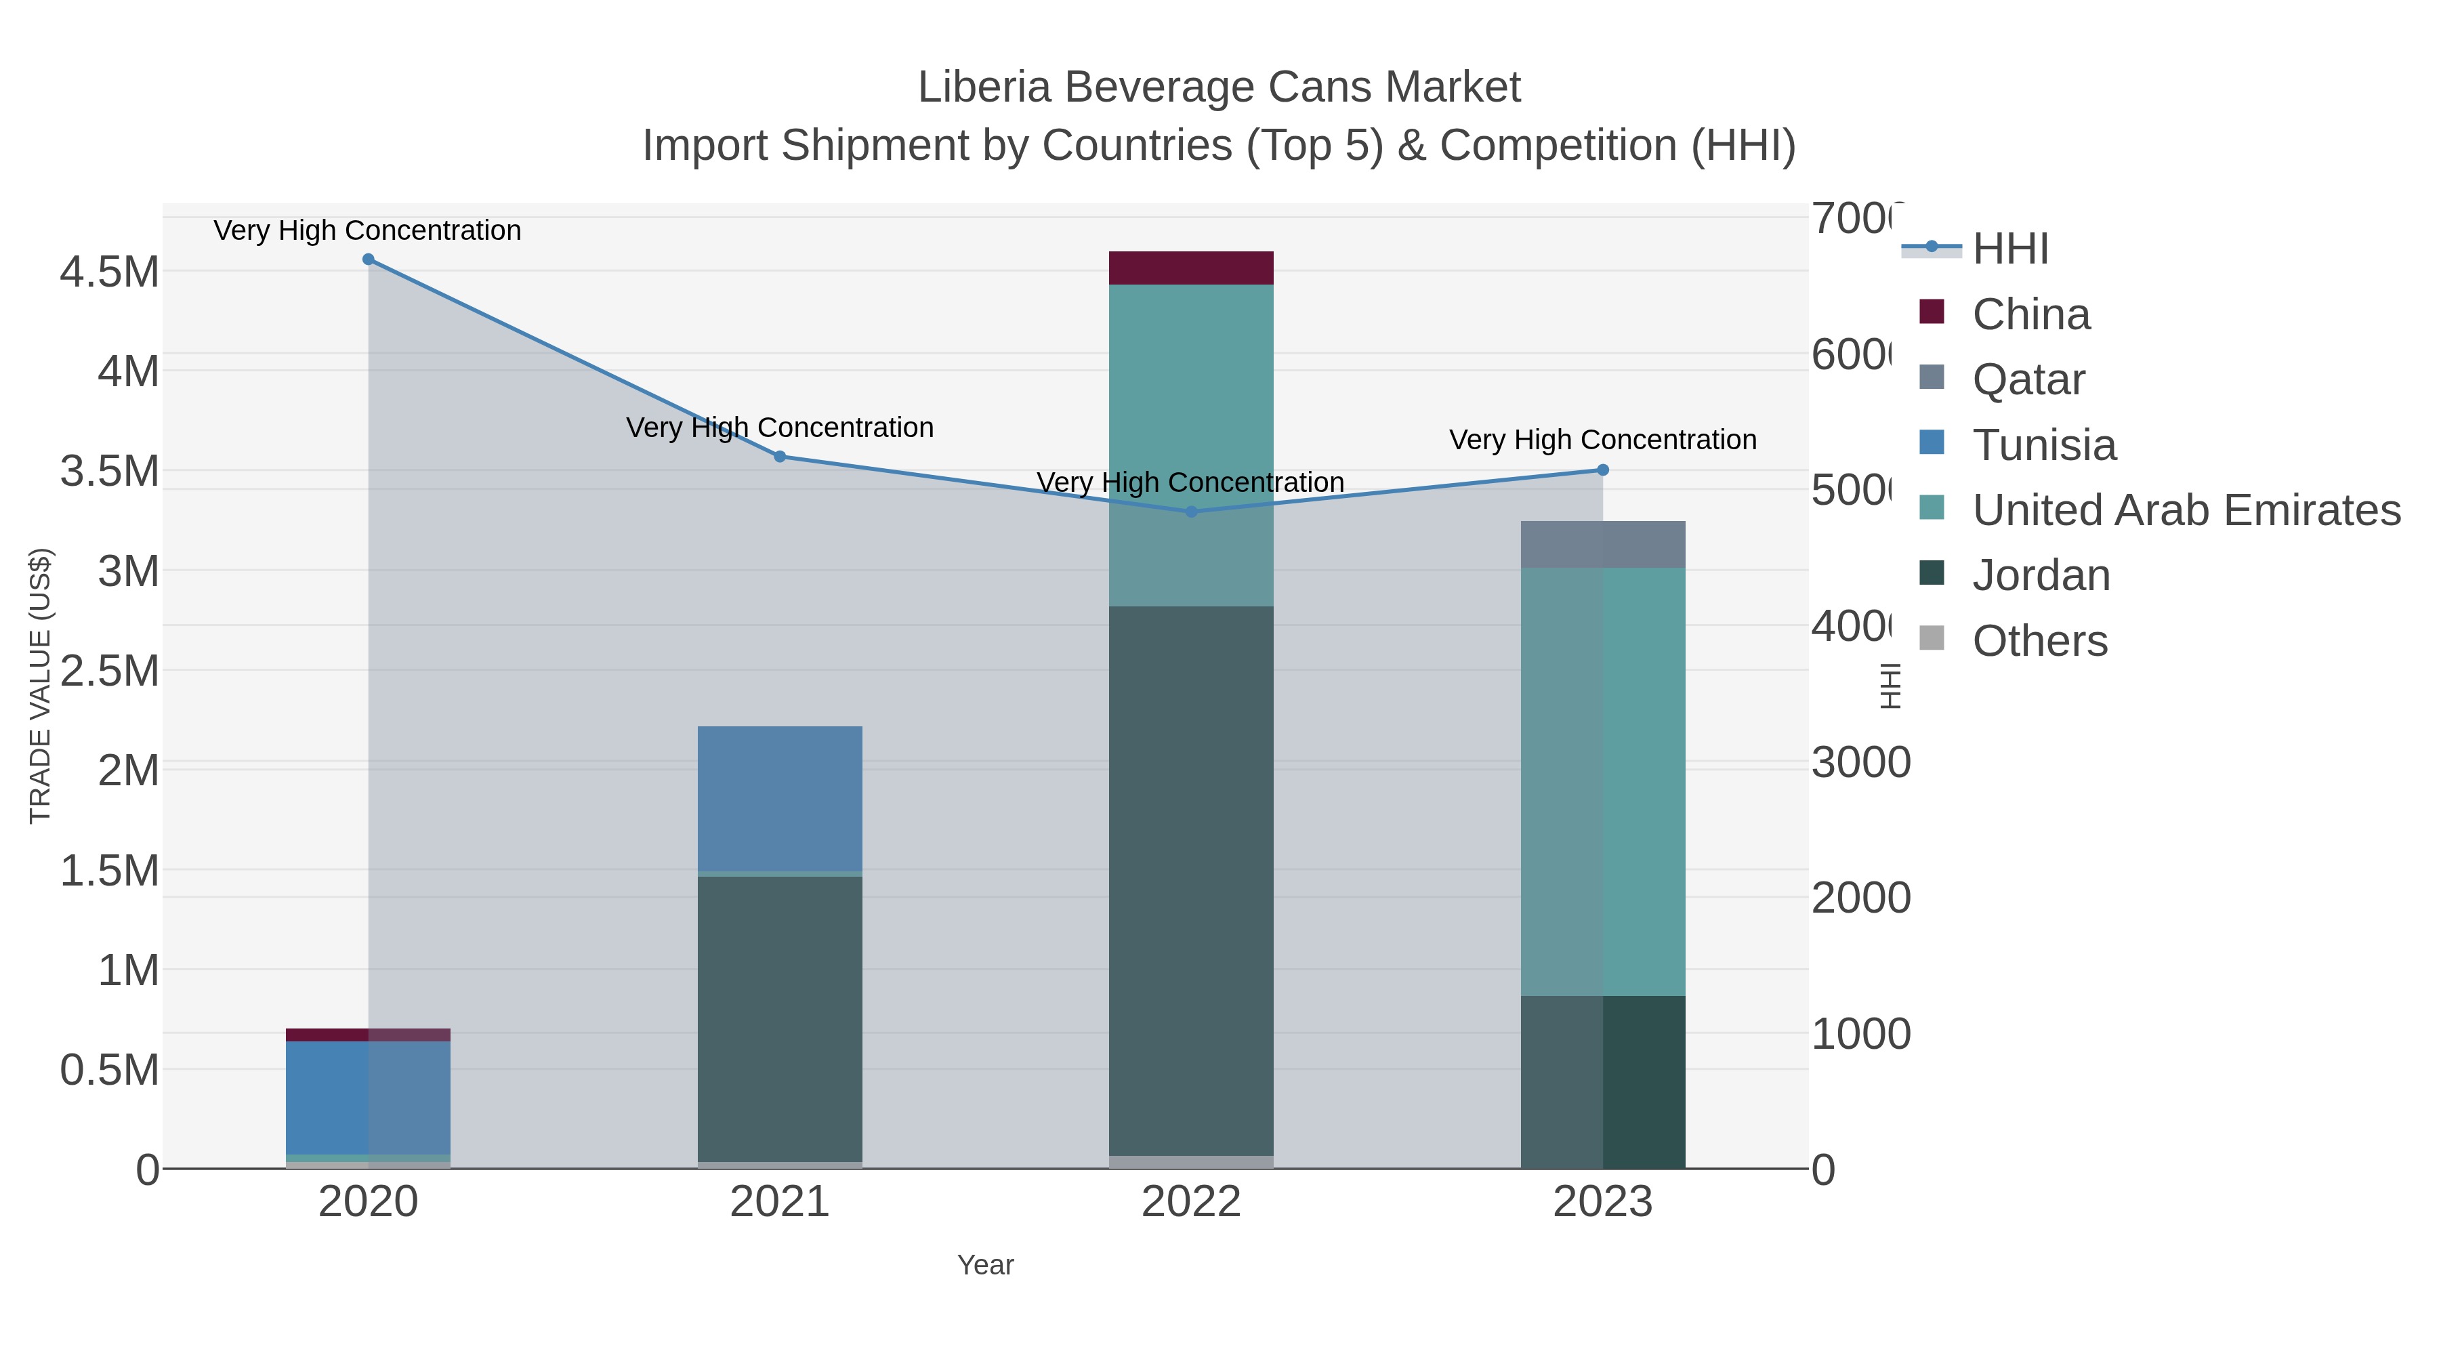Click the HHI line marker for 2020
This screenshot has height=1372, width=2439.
pos(369,259)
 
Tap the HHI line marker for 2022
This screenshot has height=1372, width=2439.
pos(1191,512)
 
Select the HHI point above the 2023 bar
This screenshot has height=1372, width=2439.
pos(1603,470)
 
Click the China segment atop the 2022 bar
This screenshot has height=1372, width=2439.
pos(1191,268)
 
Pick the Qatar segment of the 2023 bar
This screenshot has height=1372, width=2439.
pos(1603,545)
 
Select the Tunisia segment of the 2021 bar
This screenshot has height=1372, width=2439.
pos(779,798)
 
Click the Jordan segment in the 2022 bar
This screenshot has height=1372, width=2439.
pos(1191,881)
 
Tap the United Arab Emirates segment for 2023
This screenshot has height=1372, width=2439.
pos(1603,781)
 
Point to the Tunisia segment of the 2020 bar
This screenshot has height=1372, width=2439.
pos(369,1098)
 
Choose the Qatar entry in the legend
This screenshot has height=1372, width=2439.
pos(2028,379)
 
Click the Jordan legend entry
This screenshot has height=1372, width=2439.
pos(2041,576)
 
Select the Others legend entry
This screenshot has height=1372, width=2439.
pos(2039,641)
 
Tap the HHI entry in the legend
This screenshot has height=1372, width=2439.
pos(2010,249)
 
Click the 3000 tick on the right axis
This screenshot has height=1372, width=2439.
pos(1860,763)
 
